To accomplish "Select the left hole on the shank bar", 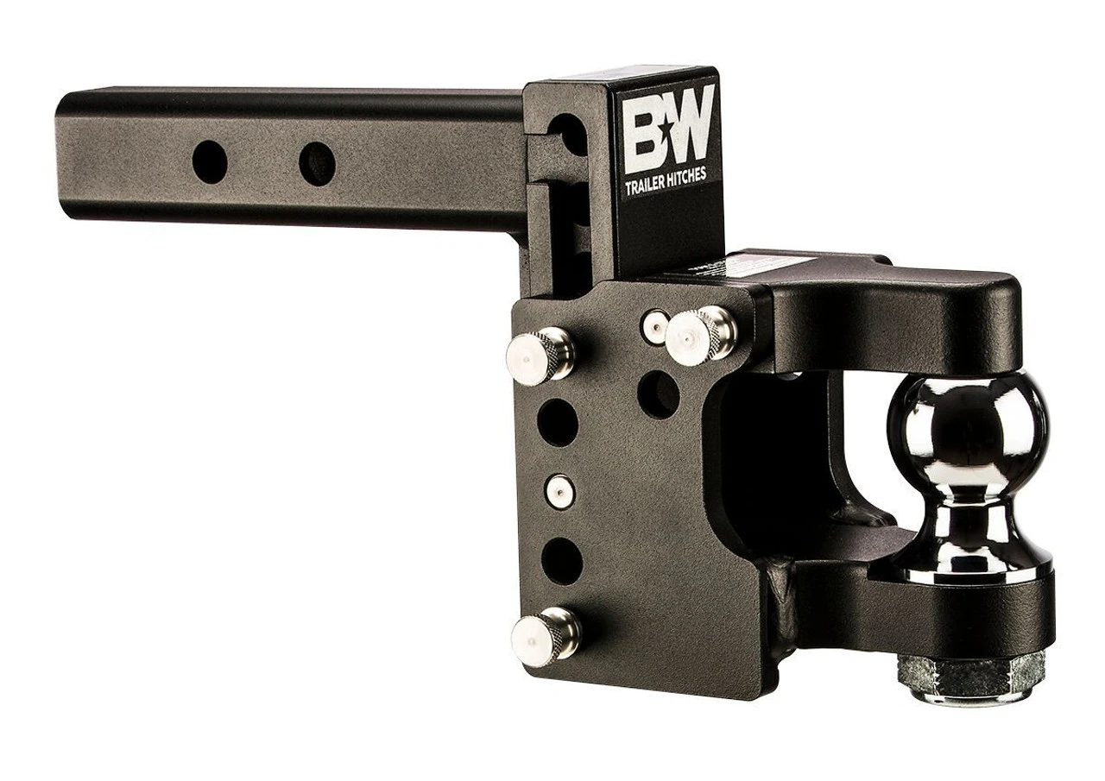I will pos(210,162).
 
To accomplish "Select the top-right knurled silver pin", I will pos(701,332).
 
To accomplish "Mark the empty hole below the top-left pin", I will pos(558,423).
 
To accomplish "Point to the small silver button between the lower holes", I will pos(559,491).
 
